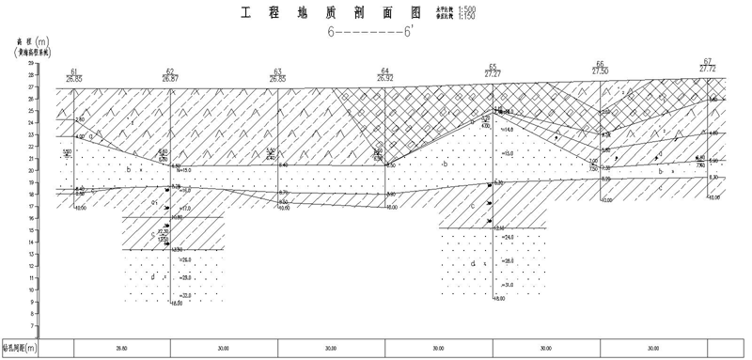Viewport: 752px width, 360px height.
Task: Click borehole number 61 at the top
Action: pos(73,70)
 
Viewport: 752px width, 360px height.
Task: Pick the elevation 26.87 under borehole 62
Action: pos(170,79)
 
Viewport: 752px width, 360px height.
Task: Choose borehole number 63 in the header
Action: pos(277,70)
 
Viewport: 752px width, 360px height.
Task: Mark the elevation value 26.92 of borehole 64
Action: pos(384,79)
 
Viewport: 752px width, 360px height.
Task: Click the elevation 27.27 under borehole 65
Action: pos(493,72)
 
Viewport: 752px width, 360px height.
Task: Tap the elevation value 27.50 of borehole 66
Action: pos(600,70)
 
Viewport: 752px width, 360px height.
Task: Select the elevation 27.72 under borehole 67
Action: pos(708,69)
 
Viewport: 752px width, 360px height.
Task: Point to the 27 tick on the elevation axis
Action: pos(31,86)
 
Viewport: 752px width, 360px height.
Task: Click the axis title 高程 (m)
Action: pos(32,42)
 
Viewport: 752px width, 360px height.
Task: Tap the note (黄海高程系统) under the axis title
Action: pos(34,55)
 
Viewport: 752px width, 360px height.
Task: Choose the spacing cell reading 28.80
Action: pos(121,348)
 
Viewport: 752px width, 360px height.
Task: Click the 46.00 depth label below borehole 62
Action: pos(175,303)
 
